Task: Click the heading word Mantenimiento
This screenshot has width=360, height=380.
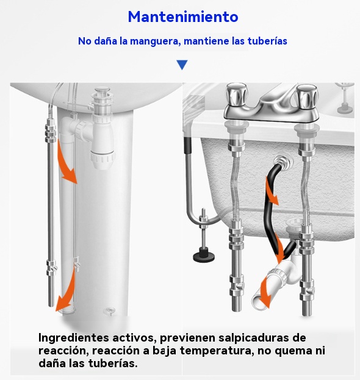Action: click(183, 16)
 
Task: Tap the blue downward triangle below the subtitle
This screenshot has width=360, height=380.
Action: click(182, 65)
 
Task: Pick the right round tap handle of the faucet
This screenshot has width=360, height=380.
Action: click(306, 96)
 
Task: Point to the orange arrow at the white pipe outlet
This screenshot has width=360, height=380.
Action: click(265, 295)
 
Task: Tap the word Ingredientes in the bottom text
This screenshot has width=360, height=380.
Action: click(73, 338)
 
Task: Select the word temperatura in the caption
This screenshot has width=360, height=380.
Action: click(217, 351)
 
